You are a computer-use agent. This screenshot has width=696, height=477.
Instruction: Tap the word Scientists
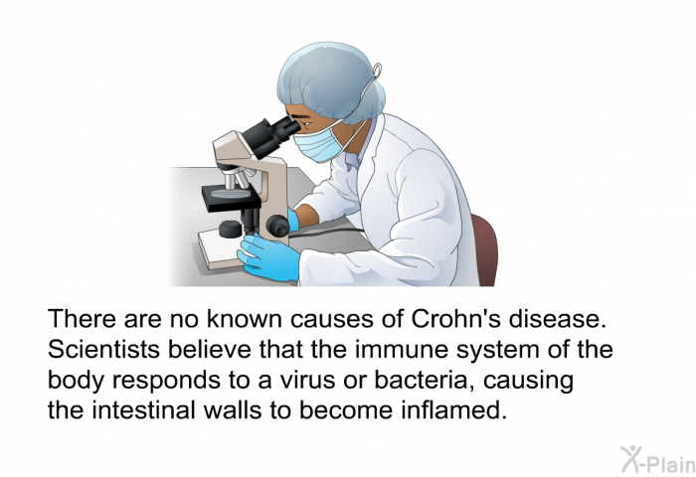point(103,349)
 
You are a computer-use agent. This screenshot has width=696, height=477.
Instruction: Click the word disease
point(558,318)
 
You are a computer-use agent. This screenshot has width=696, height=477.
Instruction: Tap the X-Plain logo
point(658,460)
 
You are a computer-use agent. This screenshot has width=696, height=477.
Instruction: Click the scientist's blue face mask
point(318,143)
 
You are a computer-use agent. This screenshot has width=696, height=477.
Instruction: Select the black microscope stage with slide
point(230,199)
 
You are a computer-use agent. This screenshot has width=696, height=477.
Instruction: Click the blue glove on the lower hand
point(269,257)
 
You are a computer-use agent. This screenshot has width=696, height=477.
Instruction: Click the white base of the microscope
point(222,249)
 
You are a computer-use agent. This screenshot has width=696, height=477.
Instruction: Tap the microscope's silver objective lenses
point(236,179)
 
